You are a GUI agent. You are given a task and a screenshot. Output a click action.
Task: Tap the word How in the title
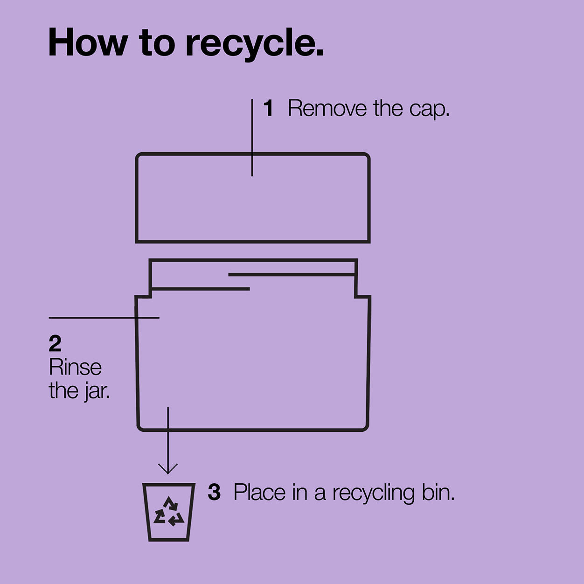(x=88, y=42)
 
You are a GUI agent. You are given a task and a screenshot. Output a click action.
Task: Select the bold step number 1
(x=269, y=108)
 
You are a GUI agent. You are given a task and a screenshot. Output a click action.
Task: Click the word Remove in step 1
(x=327, y=108)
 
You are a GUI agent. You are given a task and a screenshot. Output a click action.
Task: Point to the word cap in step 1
(x=429, y=110)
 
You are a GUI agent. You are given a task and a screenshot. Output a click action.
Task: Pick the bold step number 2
(x=55, y=343)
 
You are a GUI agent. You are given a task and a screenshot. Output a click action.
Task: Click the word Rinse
(x=75, y=367)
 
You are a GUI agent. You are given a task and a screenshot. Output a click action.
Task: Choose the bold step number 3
(x=214, y=493)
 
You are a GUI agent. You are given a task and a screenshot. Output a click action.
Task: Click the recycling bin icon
(x=169, y=512)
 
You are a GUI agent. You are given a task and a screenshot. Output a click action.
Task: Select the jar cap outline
(x=252, y=153)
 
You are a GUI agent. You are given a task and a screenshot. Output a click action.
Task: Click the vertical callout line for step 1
(x=252, y=137)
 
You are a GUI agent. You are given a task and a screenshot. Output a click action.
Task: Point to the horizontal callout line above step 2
(x=104, y=318)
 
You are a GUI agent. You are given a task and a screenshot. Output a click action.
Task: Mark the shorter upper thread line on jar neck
(x=292, y=275)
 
